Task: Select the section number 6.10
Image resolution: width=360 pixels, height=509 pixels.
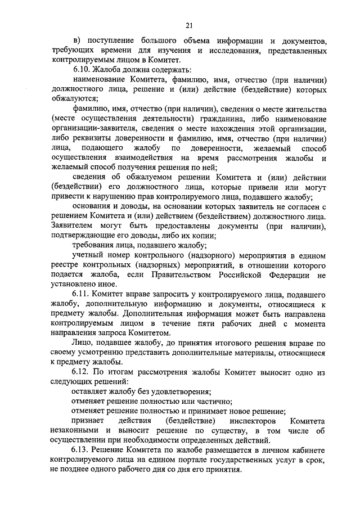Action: coord(81,70)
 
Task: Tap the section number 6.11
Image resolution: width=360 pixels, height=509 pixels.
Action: coord(81,295)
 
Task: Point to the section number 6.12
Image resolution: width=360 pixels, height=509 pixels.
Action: coord(81,372)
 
